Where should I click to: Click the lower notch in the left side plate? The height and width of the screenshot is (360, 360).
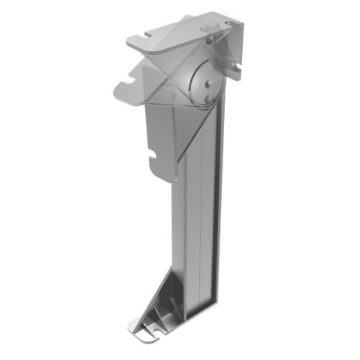[153, 153]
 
